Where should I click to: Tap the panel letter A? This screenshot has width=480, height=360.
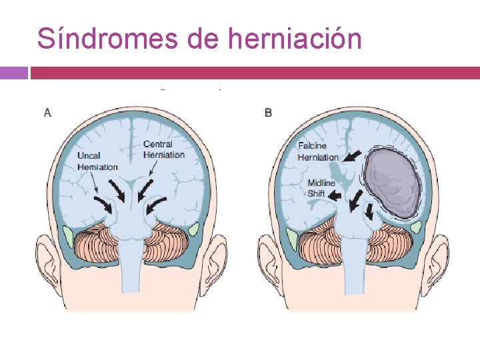click(x=47, y=113)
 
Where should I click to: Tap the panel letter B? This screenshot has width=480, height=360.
click(x=268, y=113)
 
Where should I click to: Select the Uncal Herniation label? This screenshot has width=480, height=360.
click(x=97, y=161)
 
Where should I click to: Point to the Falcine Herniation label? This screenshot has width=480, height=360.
click(x=318, y=151)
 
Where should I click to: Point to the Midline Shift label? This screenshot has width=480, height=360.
click(x=321, y=188)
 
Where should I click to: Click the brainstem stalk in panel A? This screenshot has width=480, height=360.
click(x=132, y=267)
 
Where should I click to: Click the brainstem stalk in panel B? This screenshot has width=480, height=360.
click(x=353, y=267)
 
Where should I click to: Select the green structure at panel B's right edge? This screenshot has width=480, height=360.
click(x=416, y=231)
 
